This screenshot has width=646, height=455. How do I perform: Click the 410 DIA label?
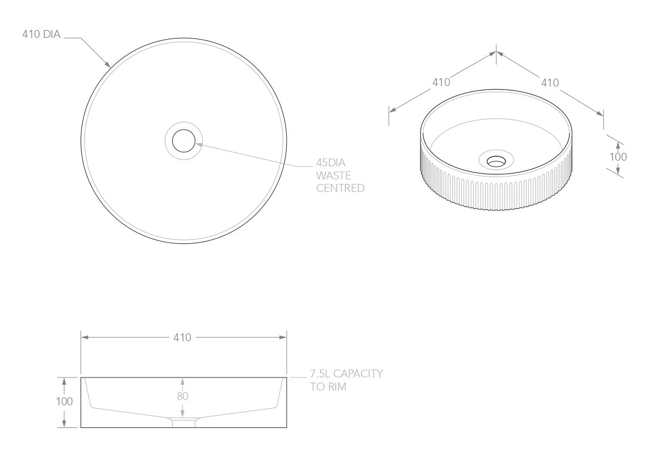[40, 35]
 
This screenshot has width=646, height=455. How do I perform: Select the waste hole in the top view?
[184, 140]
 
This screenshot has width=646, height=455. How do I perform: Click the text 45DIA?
[331, 164]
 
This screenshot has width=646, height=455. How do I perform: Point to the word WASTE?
[334, 176]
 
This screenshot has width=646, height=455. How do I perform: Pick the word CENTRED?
[340, 188]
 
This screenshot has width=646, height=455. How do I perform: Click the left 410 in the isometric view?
[441, 82]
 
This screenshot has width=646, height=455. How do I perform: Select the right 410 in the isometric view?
[550, 83]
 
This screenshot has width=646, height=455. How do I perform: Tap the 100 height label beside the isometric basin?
[618, 157]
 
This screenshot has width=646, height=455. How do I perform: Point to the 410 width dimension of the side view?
[183, 338]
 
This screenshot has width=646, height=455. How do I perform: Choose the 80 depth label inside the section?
[182, 396]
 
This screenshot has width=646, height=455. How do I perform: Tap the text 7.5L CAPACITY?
[346, 374]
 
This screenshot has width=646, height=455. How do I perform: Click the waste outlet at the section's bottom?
[183, 423]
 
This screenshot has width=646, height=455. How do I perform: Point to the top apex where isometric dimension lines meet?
[496, 52]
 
